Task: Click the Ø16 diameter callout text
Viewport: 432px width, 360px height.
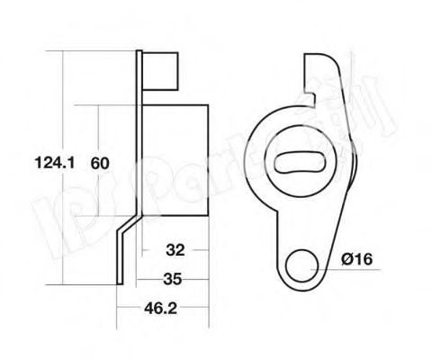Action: click(x=357, y=260)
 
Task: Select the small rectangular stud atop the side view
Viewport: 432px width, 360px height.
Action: click(x=161, y=68)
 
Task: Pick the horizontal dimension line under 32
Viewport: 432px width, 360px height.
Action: click(x=176, y=260)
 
